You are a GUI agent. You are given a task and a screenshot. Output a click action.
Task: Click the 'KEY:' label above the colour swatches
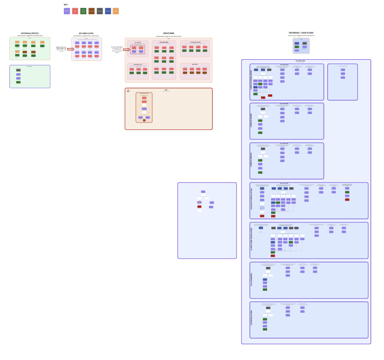point(66,4)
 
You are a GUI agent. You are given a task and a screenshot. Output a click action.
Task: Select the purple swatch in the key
point(67,11)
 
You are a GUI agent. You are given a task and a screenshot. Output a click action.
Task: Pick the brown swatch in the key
point(91,11)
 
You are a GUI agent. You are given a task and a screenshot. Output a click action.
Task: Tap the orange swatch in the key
point(116,11)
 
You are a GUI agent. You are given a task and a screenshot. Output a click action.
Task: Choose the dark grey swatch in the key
point(100,11)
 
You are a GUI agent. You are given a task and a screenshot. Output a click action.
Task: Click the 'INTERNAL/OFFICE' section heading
point(30,33)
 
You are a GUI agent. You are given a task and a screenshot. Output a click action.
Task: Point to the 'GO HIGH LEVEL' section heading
point(86,33)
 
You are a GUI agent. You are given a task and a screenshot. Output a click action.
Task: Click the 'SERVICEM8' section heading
point(168,33)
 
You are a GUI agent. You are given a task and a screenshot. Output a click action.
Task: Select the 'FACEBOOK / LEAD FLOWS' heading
point(301,33)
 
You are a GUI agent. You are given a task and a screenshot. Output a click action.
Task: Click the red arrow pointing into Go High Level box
point(70,49)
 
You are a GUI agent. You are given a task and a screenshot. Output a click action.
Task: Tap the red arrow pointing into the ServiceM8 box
point(126,49)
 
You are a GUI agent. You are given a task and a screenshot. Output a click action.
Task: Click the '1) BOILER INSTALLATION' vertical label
point(252,82)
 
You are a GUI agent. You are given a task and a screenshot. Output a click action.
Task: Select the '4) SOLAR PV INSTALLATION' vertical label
point(252,200)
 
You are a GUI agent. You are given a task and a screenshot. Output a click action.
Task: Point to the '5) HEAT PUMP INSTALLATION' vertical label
point(252,240)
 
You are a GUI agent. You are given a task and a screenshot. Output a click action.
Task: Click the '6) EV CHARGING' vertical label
point(252,280)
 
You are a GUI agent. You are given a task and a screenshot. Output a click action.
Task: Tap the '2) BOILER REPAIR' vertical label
point(252,121)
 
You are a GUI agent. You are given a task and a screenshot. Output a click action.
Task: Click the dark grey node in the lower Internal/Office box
point(18,70)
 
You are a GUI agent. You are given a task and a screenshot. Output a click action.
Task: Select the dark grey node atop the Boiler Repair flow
point(263,109)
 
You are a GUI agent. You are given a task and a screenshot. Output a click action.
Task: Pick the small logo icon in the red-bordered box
point(128,91)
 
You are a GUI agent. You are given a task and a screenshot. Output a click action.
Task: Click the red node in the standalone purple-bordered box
point(199,206)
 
